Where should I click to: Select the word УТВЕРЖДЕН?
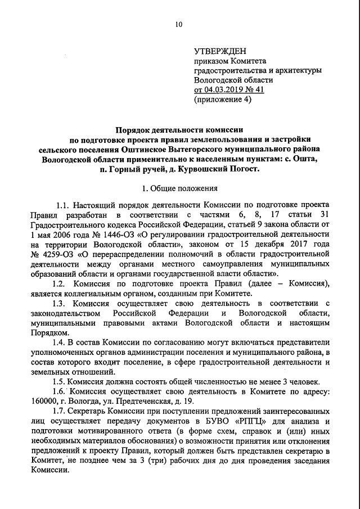click(x=220, y=51)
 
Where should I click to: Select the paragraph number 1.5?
click(x=60, y=381)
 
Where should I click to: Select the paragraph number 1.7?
click(x=60, y=410)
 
